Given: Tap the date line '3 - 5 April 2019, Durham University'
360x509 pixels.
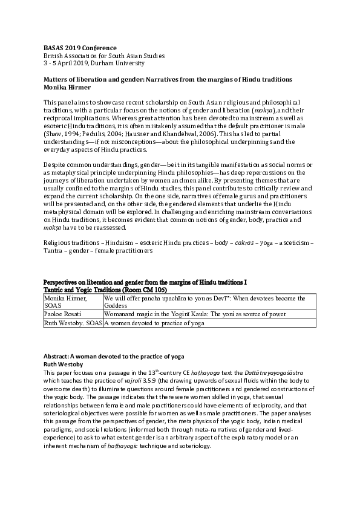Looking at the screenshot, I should click(x=94, y=62).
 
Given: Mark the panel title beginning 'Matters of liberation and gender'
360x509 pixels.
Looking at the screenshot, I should click(x=169, y=80).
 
